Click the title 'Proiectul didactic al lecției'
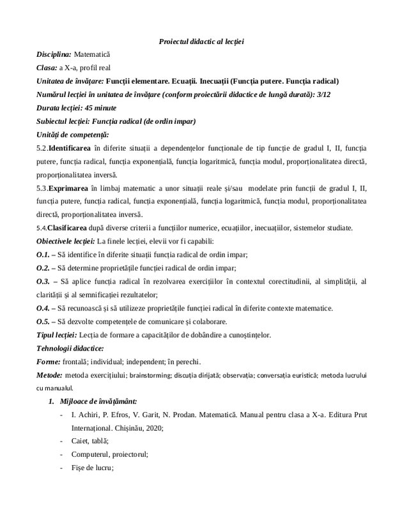(201, 42)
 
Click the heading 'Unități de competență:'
(73, 135)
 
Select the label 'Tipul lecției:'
(56, 335)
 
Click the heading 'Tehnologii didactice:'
(70, 348)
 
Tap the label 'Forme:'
(49, 362)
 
